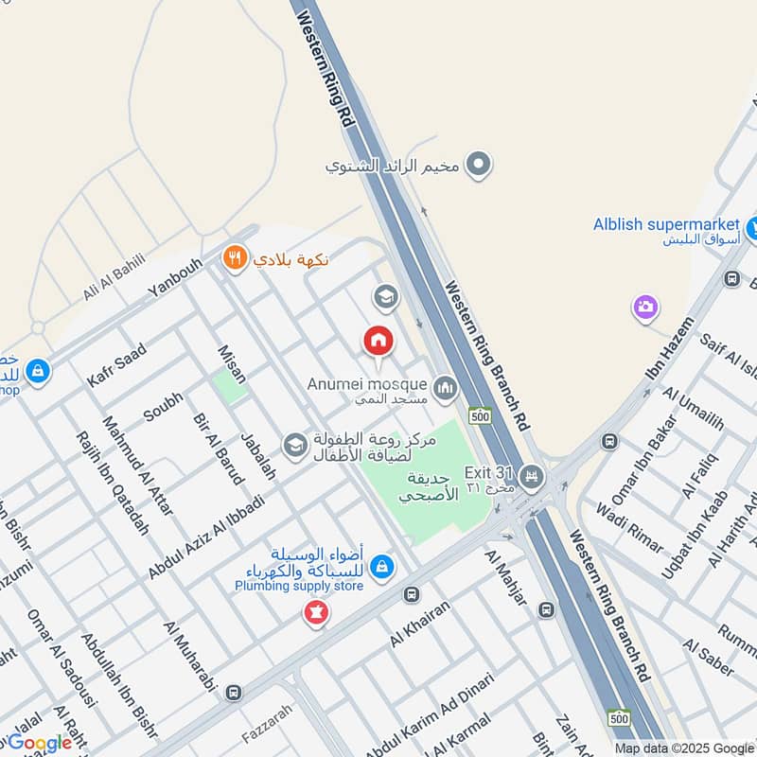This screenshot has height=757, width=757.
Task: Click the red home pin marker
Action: pos(378,341)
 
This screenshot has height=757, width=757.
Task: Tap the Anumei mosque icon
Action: pos(444,388)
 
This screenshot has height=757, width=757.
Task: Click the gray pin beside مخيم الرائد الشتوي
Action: pos(481,166)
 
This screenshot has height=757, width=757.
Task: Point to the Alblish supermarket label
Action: pos(665,224)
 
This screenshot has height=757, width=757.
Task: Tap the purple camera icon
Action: pos(645,307)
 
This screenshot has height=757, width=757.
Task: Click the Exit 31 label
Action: pos(487,472)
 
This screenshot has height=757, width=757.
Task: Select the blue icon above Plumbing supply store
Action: pos(381,566)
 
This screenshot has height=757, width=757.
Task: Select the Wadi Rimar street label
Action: pos(629,526)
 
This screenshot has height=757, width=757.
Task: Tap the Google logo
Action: pos(40,743)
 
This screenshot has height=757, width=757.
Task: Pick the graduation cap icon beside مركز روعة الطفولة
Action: pos(296,445)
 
